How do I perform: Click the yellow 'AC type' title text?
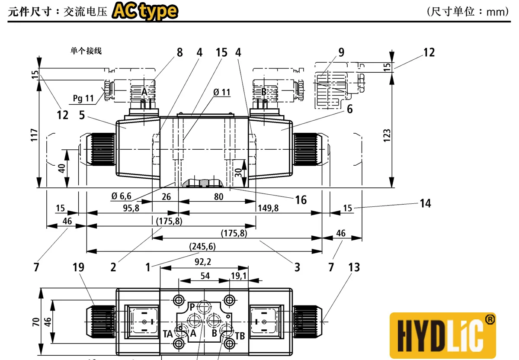[145, 12]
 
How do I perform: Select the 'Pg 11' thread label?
[83, 98]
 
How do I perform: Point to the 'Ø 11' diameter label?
[222, 92]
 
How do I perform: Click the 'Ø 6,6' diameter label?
[121, 196]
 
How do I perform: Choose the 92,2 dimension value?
[203, 261]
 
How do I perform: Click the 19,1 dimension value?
[239, 275]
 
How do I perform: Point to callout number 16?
[301, 199]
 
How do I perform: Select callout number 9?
[341, 53]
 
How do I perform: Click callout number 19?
[78, 267]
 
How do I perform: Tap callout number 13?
[354, 267]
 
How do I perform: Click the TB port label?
[240, 336]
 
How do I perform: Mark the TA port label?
[168, 334]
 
